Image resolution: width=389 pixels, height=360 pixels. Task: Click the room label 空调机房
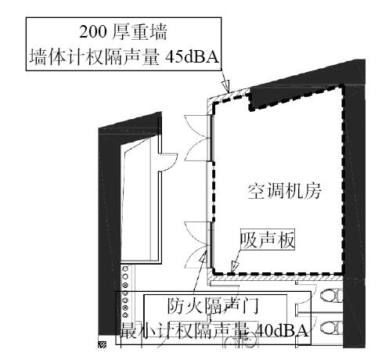click(x=284, y=192)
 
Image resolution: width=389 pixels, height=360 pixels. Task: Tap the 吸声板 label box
click(x=268, y=239)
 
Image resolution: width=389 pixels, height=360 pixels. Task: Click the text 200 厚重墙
click(x=123, y=32)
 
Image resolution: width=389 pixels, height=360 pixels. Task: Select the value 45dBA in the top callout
click(x=193, y=56)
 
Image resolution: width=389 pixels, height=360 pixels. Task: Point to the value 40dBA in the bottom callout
click(x=281, y=331)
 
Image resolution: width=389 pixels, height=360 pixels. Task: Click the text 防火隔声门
click(x=213, y=306)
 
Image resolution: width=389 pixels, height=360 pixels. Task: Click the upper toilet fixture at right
click(x=331, y=296)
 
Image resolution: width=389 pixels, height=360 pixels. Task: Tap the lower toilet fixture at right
click(x=331, y=328)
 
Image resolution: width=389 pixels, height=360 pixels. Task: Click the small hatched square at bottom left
click(x=103, y=344)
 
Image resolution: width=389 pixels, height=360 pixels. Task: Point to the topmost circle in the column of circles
click(x=125, y=268)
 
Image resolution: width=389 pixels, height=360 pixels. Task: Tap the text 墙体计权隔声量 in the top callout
click(x=95, y=57)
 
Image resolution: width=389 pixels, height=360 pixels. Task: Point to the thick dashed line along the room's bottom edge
click(x=278, y=274)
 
